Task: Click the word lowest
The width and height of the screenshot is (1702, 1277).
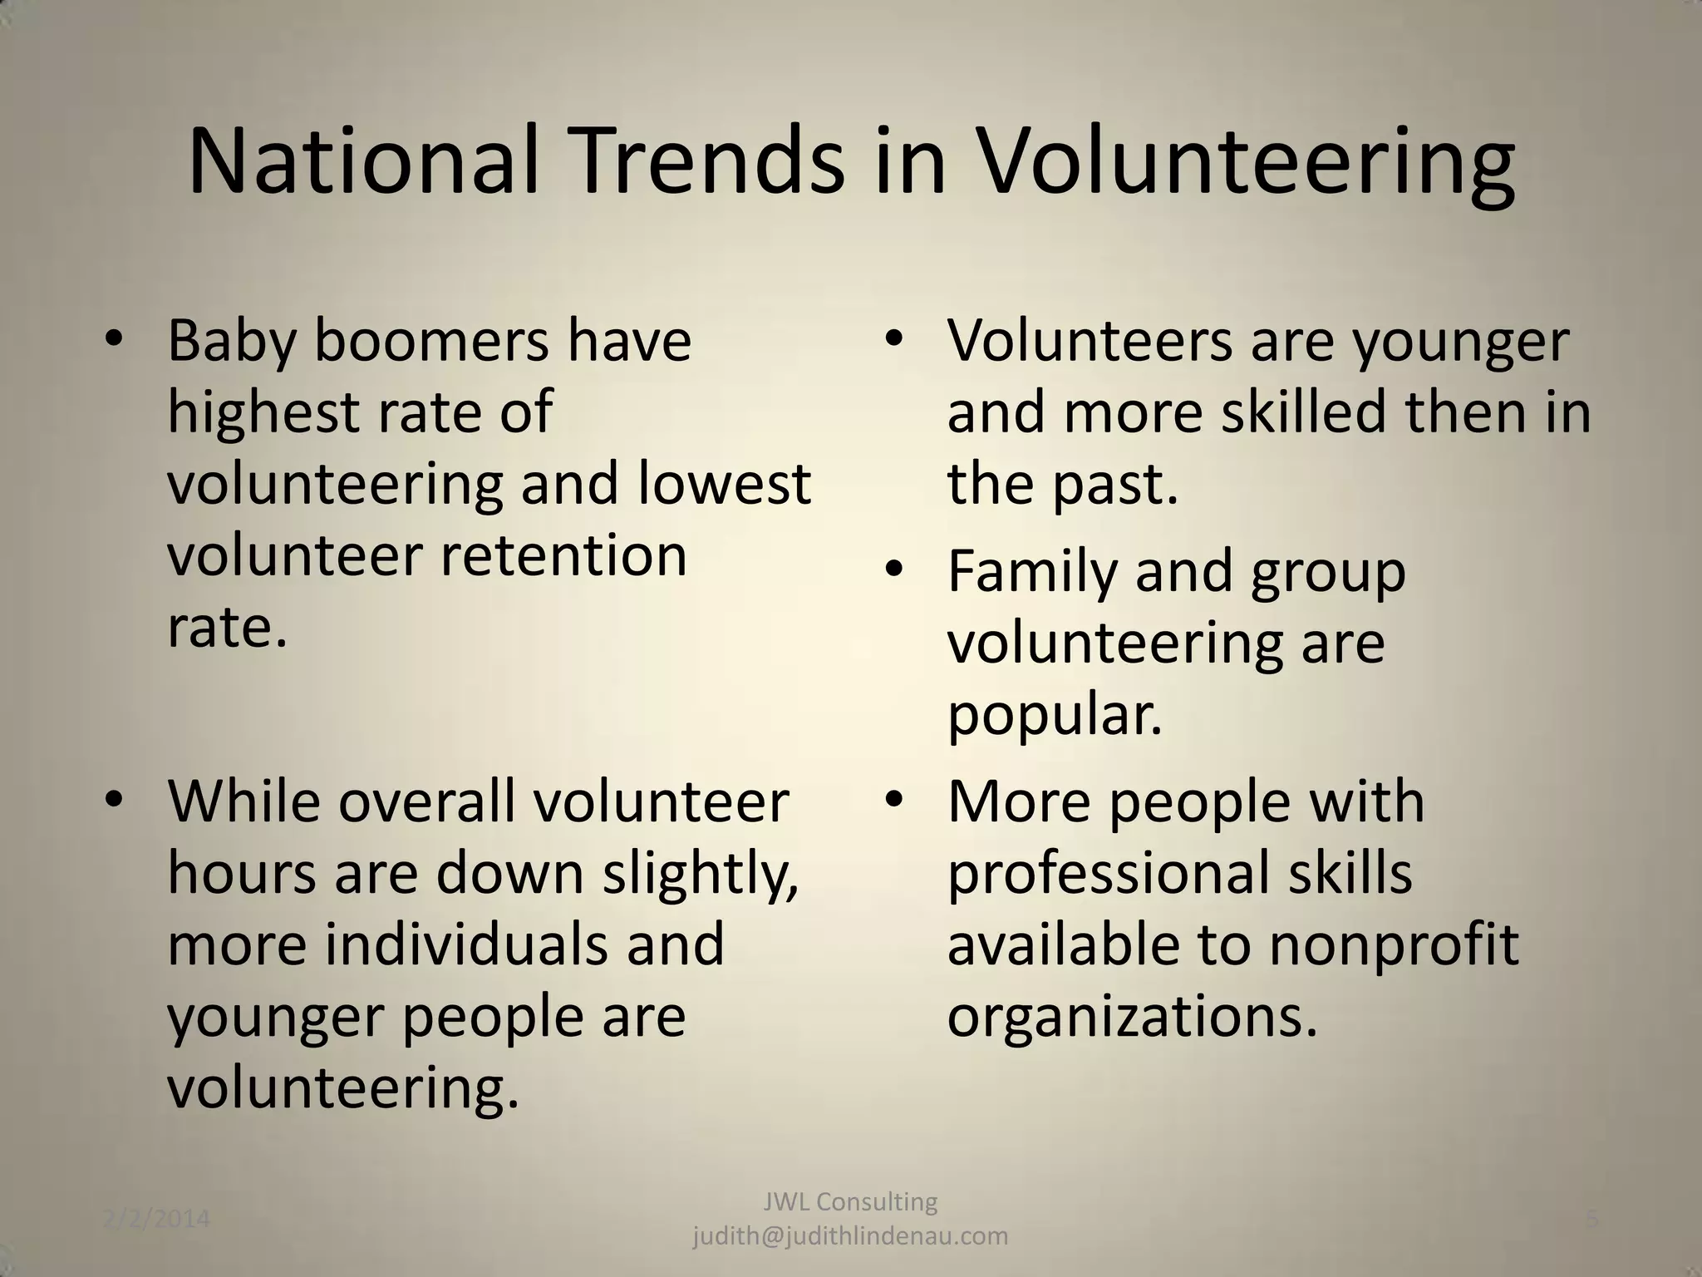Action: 724,484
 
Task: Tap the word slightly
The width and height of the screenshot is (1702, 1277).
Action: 700,875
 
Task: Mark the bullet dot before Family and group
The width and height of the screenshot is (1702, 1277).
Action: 894,570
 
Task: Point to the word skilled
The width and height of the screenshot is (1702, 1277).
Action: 1304,412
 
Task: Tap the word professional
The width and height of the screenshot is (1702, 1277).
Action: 1109,875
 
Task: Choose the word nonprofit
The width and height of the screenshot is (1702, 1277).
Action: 1394,945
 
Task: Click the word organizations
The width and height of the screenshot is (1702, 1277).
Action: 1132,1018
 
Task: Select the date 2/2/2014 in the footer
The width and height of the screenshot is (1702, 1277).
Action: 157,1220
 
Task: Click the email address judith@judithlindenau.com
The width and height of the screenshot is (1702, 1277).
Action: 850,1236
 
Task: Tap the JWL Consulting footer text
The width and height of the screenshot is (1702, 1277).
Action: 850,1201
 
